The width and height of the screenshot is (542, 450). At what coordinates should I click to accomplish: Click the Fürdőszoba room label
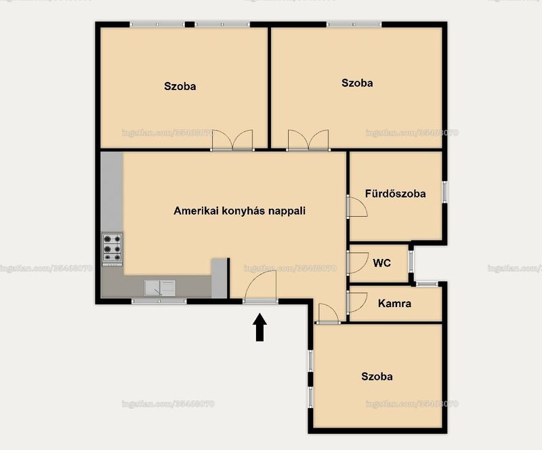click(395, 194)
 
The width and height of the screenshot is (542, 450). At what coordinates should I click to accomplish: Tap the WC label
click(381, 263)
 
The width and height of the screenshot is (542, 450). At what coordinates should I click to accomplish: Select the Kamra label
click(394, 304)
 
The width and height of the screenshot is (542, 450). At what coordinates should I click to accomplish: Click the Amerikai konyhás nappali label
click(240, 211)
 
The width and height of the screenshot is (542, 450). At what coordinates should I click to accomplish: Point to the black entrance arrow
click(259, 327)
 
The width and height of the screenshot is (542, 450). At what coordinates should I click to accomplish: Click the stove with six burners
click(112, 249)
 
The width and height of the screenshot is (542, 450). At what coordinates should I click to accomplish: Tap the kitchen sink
click(160, 288)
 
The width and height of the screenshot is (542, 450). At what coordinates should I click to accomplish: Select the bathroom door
click(357, 207)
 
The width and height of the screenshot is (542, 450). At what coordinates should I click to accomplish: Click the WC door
click(358, 263)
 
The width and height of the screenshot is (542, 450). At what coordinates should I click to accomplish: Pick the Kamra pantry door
click(357, 302)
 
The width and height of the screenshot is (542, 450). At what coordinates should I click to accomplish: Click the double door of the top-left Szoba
click(232, 140)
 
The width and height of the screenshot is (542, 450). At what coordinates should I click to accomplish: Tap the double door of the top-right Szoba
click(308, 140)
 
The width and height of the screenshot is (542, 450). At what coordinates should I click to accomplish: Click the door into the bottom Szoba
click(327, 313)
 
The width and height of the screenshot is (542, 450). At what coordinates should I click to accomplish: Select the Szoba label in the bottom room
click(377, 376)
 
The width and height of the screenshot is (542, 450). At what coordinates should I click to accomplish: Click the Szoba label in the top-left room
click(180, 86)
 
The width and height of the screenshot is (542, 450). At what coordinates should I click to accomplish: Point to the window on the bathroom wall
click(445, 191)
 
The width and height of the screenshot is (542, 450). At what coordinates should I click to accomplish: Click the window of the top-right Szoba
click(354, 24)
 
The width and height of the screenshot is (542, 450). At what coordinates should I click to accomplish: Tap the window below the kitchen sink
click(159, 302)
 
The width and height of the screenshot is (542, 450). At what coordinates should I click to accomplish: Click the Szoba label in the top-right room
click(357, 83)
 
